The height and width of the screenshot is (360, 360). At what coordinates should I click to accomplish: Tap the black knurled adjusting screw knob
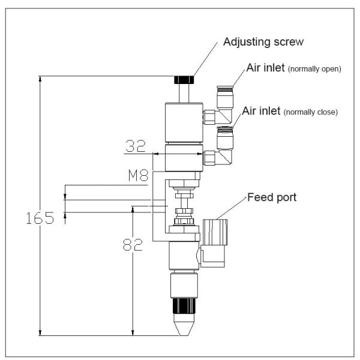(x=184, y=80)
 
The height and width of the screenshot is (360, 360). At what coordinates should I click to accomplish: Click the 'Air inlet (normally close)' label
(x=290, y=112)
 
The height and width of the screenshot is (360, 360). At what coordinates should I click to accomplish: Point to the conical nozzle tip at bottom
(x=184, y=327)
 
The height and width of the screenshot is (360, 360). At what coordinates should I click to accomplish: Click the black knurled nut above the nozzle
(x=184, y=306)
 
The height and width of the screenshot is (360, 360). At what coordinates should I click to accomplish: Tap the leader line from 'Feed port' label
(x=233, y=207)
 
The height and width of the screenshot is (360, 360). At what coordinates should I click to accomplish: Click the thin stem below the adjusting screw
(x=184, y=94)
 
